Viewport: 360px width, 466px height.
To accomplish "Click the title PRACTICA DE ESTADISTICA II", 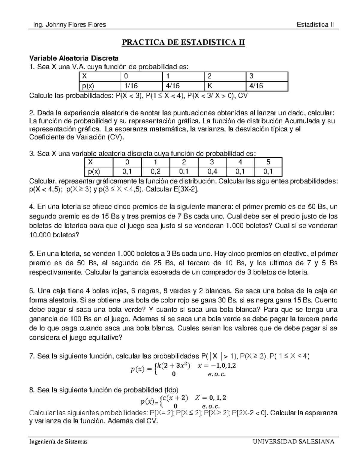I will coord(183,43).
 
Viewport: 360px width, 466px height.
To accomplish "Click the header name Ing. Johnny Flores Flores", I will coord(67,25).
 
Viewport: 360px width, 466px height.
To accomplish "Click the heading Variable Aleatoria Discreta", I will coord(74,58).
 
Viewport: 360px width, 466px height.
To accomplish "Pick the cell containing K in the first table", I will coord(224,86).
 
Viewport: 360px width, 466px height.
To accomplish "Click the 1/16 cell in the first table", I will coord(141,86).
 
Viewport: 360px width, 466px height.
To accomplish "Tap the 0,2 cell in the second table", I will coord(156,172).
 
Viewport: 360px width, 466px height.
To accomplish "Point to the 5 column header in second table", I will coord(268,162).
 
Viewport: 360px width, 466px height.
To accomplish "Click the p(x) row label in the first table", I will coord(99,86).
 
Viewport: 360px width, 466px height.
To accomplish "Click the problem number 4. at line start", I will coord(32,207).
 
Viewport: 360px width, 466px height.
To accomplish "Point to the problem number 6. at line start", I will coord(32,291).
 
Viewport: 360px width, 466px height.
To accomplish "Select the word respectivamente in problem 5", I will coord(55,272).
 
